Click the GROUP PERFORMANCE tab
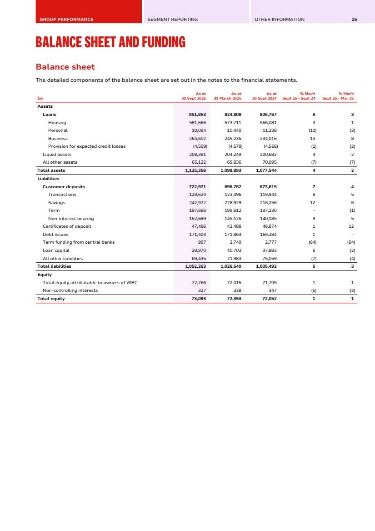[66, 20]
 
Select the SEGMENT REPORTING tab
[173, 20]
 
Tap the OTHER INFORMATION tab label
[280, 20]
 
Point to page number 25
[354, 20]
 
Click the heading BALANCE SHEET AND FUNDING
[110, 43]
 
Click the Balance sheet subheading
[65, 67]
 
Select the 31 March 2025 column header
[227, 96]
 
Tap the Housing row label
[57, 123]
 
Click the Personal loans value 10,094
[198, 130]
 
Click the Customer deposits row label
[64, 187]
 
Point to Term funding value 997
[201, 242]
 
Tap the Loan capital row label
[56, 250]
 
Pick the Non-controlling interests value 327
[201, 290]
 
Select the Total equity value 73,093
[196, 299]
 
